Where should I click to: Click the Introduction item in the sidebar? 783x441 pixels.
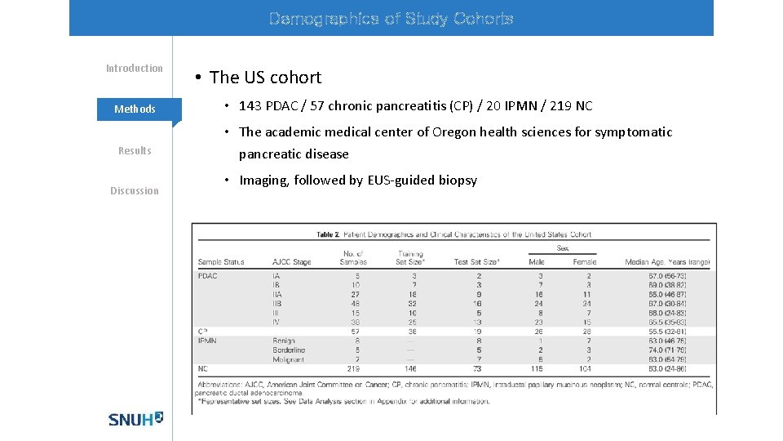[135, 69]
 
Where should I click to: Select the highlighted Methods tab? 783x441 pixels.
[135, 109]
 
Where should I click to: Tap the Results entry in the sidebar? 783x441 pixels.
[135, 150]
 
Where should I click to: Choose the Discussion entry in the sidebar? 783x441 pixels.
[135, 191]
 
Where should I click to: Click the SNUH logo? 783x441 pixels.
[135, 418]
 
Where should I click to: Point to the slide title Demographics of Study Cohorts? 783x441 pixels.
[391, 19]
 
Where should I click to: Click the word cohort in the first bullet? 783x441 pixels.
[295, 78]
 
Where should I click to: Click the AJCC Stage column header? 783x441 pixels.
[292, 262]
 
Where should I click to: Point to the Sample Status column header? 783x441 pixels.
[221, 262]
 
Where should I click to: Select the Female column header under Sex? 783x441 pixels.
[585, 262]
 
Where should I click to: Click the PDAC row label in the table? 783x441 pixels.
[208, 276]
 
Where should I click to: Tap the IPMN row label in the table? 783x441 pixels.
[209, 340]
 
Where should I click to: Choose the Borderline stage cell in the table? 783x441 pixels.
[289, 350]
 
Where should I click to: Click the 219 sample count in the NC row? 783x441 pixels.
[353, 369]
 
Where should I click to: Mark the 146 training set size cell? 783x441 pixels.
[410, 369]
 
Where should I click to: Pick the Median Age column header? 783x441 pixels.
[666, 262]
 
